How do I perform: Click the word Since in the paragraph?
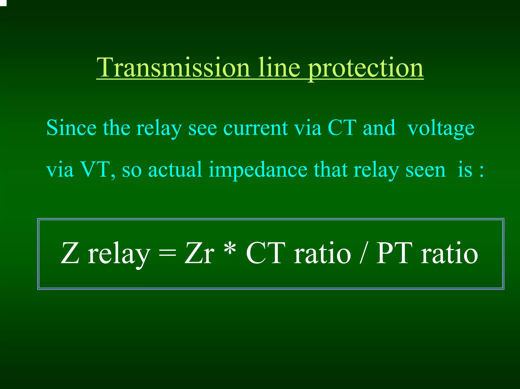[x=71, y=128]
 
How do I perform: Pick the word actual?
[x=175, y=169]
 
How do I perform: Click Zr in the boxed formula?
[x=199, y=253]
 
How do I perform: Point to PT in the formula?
[x=394, y=253]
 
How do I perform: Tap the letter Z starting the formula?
[x=70, y=253]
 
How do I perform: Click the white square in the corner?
[x=3, y=3]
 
